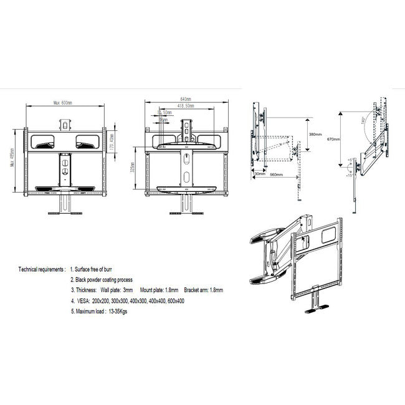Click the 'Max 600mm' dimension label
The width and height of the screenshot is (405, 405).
tap(62, 103)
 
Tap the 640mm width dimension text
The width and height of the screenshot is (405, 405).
tap(185, 99)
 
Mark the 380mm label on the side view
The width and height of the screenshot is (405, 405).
tap(315, 135)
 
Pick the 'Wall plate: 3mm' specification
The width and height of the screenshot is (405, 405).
tap(118, 290)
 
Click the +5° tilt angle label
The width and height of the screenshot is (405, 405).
tap(351, 161)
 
